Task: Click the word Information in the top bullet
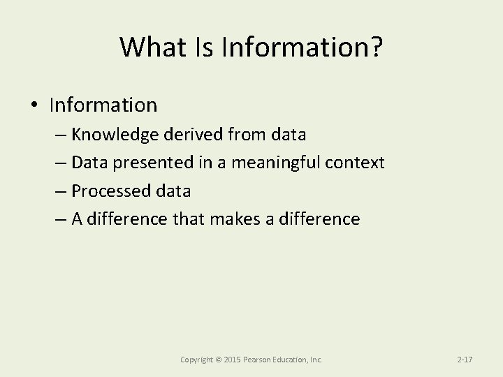tap(103, 105)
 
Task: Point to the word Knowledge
tap(115, 135)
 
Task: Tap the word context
tap(356, 163)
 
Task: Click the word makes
tap(234, 219)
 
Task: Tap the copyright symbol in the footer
tap(219, 360)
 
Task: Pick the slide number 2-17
tap(465, 360)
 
